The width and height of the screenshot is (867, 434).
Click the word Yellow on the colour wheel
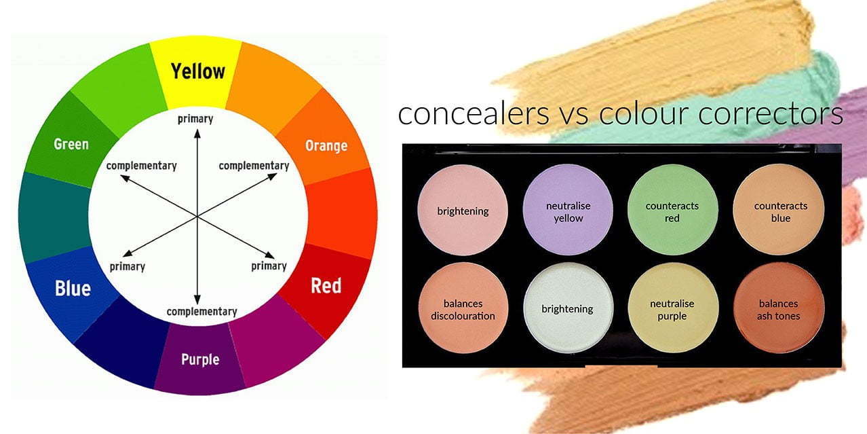click(x=197, y=71)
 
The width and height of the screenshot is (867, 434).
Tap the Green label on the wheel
click(x=71, y=144)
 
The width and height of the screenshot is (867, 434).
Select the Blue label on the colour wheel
click(x=73, y=288)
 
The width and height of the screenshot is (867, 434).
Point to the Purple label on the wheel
click(x=200, y=359)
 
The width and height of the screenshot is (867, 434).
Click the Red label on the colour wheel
click(x=326, y=285)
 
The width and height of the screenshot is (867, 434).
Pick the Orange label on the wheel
click(x=326, y=145)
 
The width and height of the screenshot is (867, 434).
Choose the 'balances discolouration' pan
click(x=463, y=308)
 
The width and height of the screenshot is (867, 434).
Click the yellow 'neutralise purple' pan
click(x=672, y=308)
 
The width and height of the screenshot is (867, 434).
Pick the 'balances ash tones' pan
click(x=779, y=308)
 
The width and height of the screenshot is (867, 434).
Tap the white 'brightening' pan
click(x=568, y=308)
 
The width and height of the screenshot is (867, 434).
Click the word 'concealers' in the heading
click(x=474, y=114)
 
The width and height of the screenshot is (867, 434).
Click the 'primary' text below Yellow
click(x=195, y=119)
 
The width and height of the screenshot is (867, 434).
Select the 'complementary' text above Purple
click(x=201, y=312)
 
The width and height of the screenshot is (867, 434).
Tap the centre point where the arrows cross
click(x=197, y=216)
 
